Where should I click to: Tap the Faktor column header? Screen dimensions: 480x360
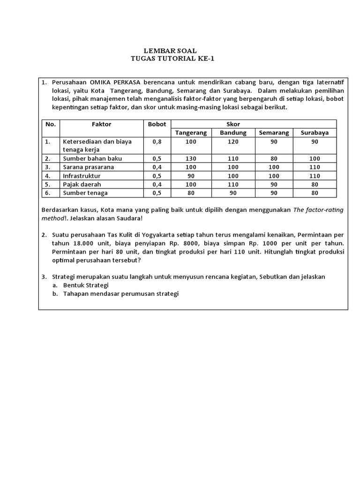point(101,124)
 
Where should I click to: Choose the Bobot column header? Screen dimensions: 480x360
point(157,124)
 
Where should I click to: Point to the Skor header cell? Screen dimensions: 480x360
point(254,124)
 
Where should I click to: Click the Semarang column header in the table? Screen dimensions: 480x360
point(274,133)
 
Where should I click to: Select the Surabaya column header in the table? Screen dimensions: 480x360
point(315,133)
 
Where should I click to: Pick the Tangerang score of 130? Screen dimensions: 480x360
point(191,158)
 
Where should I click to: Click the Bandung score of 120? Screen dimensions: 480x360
point(233,141)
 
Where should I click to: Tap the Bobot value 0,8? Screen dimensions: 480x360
point(157,141)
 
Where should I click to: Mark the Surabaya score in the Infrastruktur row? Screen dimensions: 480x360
point(315,176)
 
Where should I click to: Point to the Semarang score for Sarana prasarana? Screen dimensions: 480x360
point(274,167)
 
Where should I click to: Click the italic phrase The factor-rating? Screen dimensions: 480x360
point(318,210)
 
